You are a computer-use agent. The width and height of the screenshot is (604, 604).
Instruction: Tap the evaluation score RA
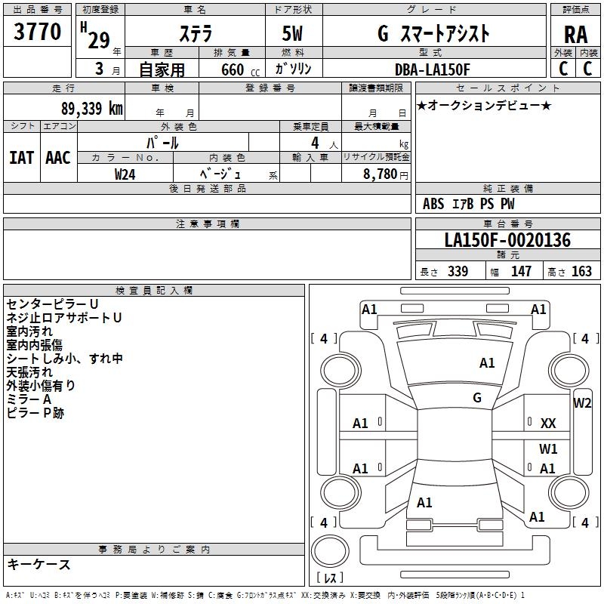pyautogui.click(x=575, y=35)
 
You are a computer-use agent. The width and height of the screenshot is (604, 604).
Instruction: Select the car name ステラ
pyautogui.click(x=196, y=34)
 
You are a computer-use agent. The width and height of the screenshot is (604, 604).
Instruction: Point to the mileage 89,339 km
pyautogui.click(x=88, y=108)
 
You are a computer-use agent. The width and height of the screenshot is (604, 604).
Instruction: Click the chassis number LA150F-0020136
pyautogui.click(x=507, y=241)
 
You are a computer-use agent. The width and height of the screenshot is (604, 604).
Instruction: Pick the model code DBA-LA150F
pyautogui.click(x=432, y=69)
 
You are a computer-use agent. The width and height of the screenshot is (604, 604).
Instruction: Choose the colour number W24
pyautogui.click(x=125, y=174)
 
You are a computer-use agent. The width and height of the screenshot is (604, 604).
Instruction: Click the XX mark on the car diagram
pyautogui.click(x=548, y=424)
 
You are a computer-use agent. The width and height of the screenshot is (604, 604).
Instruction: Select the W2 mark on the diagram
pyautogui.click(x=582, y=402)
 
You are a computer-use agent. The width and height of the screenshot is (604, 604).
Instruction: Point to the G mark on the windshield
pyautogui.click(x=477, y=397)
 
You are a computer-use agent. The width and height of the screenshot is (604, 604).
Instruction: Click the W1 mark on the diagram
pyautogui.click(x=548, y=448)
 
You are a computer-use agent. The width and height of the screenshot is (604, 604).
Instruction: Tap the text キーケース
pyautogui.click(x=39, y=564)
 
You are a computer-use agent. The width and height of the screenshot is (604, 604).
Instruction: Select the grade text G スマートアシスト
pyautogui.click(x=433, y=34)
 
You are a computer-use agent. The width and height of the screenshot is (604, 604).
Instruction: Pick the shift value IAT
pyautogui.click(x=21, y=158)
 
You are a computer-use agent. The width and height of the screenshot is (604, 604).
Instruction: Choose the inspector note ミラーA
pyautogui.click(x=29, y=399)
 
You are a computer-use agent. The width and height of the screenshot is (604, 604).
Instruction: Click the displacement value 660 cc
pyautogui.click(x=233, y=69)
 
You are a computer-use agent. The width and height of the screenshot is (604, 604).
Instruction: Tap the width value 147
pyautogui.click(x=521, y=272)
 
